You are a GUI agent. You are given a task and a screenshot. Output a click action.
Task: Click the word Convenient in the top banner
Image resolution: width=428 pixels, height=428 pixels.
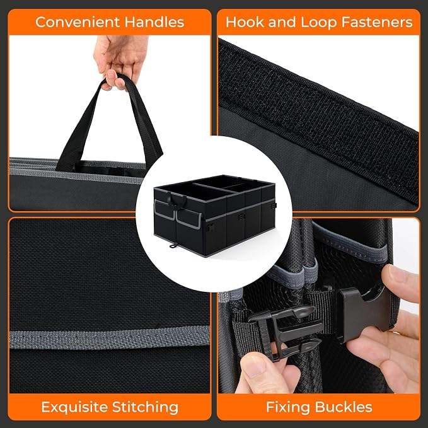[x=78, y=22]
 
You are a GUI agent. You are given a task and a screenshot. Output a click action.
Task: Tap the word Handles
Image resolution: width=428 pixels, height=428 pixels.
[x=154, y=22]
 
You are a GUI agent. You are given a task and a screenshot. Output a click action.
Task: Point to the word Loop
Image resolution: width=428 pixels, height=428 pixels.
[x=318, y=23]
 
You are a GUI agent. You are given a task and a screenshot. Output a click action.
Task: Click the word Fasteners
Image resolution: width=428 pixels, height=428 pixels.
[x=377, y=22]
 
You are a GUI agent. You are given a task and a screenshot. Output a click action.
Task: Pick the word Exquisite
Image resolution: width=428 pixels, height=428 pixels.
[x=74, y=407]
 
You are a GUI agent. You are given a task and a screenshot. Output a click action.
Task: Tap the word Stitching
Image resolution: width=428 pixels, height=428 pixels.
[x=145, y=408]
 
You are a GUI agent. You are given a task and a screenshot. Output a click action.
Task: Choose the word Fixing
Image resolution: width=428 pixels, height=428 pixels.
[x=289, y=408]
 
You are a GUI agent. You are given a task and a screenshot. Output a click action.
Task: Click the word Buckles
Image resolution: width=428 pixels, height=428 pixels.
[x=344, y=407]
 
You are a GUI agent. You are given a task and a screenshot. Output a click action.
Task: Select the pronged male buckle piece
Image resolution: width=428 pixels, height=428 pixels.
[x=284, y=332]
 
